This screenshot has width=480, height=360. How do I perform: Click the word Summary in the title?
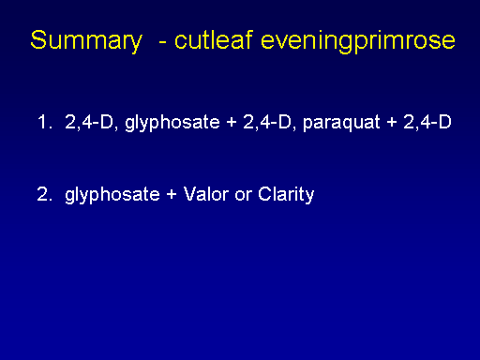click(x=86, y=41)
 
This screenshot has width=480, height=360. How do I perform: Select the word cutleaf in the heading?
click(x=214, y=39)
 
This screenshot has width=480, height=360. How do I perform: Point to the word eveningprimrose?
click(x=358, y=41)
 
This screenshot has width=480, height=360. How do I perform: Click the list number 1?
click(x=44, y=122)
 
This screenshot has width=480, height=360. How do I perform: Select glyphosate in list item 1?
click(x=172, y=123)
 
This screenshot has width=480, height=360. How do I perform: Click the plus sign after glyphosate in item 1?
click(x=232, y=122)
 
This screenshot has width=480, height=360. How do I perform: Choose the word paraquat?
click(x=341, y=123)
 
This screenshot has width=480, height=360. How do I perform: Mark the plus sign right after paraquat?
click(x=392, y=122)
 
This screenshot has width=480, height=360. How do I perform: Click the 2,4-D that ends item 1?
click(x=427, y=122)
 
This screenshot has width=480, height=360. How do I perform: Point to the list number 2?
click(x=44, y=194)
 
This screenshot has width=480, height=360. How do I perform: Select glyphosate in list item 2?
click(x=112, y=195)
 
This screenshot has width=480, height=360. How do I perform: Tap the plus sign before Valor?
click(x=172, y=195)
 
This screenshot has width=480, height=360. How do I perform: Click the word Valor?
click(x=206, y=194)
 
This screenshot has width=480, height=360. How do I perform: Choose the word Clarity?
click(x=286, y=195)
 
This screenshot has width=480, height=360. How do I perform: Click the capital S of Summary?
click(x=38, y=39)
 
